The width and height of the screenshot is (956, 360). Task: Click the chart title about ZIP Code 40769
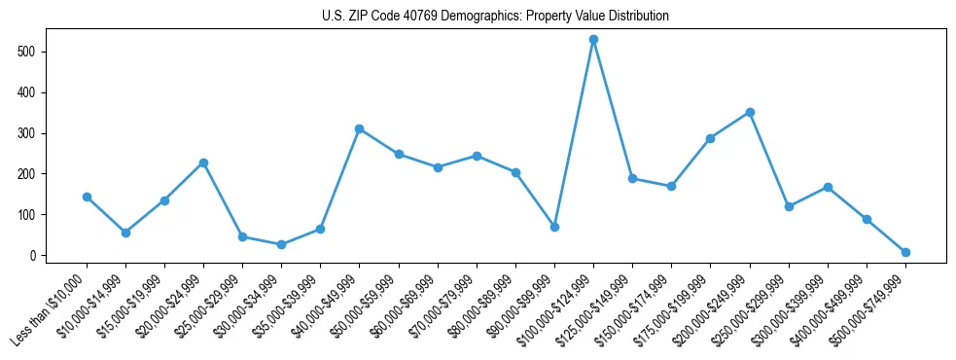coord(495,17)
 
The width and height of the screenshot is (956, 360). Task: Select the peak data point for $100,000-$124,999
coord(593,40)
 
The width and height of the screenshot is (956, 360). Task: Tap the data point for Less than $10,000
coord(87,197)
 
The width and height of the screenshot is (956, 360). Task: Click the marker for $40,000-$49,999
coord(359,128)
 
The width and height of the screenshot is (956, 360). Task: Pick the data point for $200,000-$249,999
coord(749,112)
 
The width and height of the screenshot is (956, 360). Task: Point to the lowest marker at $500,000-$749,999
coord(905,252)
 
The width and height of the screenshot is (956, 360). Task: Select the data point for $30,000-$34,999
coord(281,244)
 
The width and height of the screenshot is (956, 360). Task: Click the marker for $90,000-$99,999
coord(554,227)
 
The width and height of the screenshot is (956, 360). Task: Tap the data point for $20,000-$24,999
coord(203,162)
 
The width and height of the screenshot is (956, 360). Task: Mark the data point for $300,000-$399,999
coord(828,187)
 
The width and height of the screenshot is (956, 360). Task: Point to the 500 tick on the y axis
coord(39,52)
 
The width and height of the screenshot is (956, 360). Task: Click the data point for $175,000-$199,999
coord(710,138)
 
